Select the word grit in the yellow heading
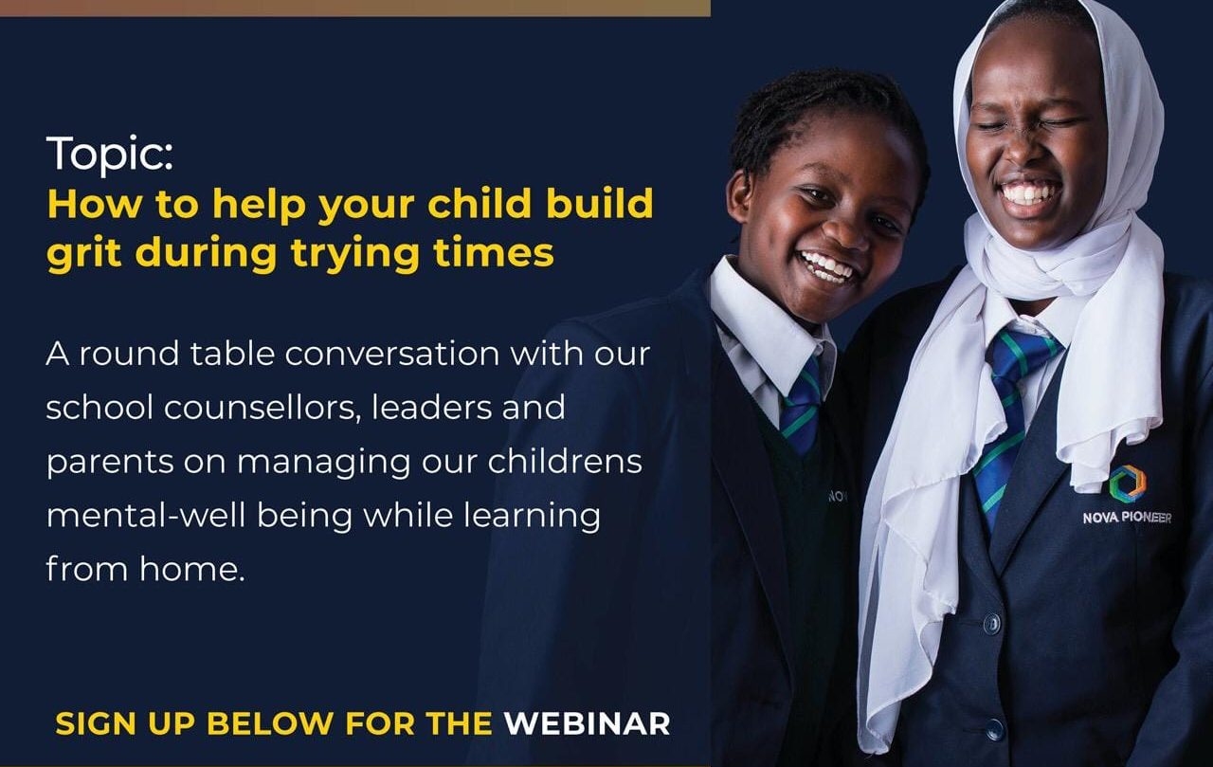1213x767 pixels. point(83,253)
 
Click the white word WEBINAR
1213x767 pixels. point(588,723)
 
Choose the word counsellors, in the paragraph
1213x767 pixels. point(263,408)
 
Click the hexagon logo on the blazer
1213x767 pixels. point(1128,483)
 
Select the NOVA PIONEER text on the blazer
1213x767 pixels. point(1128,518)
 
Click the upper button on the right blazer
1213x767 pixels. point(992,625)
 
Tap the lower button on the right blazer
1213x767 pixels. point(994,729)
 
